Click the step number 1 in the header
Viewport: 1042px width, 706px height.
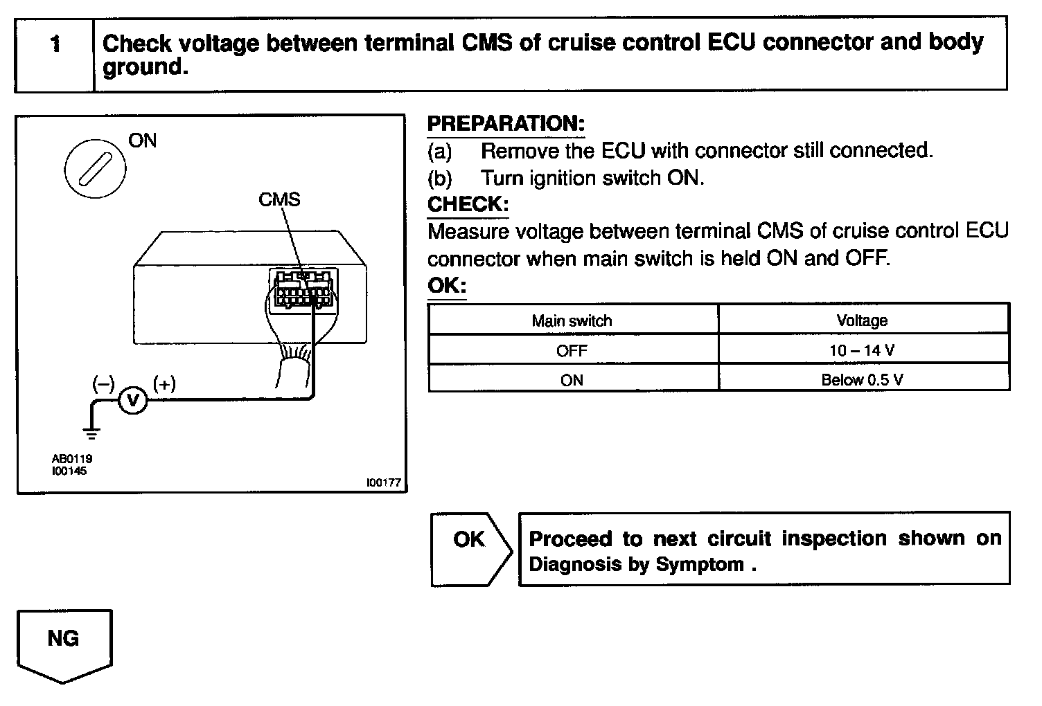click(55, 45)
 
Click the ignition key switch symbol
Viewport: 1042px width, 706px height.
click(95, 170)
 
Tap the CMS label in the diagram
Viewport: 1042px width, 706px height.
click(279, 199)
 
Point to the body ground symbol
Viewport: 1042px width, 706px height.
click(91, 433)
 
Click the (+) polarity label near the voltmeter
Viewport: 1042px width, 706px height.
click(164, 383)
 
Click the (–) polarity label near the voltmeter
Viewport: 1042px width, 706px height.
click(104, 383)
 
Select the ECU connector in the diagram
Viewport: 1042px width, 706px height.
click(303, 289)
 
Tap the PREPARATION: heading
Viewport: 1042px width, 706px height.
click(506, 124)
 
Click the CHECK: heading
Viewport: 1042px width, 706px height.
click(468, 204)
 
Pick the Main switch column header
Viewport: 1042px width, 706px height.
click(572, 320)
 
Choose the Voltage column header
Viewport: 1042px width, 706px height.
click(862, 320)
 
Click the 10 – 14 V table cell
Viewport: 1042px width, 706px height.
click(862, 350)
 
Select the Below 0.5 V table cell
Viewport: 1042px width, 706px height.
click(862, 379)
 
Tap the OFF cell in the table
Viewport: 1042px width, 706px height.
click(572, 350)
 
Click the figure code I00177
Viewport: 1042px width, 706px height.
click(384, 483)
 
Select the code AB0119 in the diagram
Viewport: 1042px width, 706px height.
click(71, 458)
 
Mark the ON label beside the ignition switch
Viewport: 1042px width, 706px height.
click(143, 141)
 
